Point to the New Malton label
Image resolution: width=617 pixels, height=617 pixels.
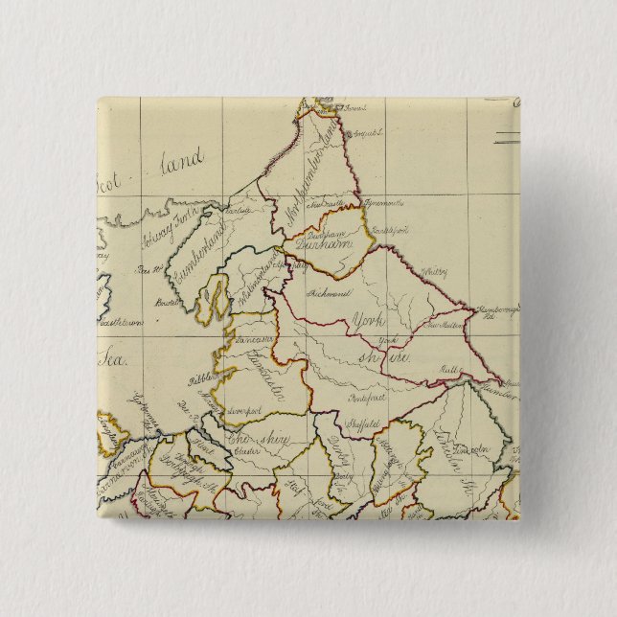tap(441, 326)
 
